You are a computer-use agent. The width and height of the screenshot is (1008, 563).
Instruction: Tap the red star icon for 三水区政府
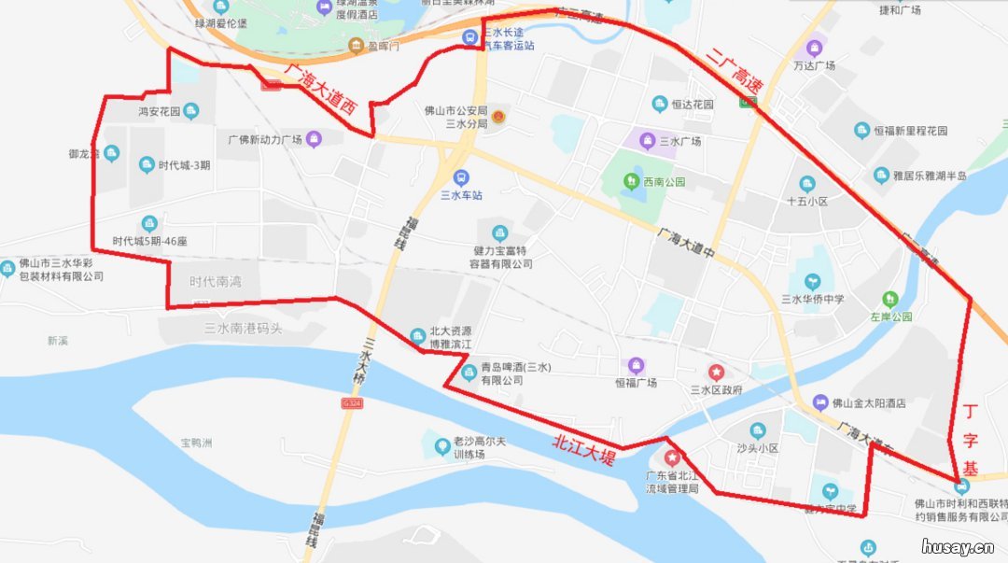pyautogui.click(x=716, y=372)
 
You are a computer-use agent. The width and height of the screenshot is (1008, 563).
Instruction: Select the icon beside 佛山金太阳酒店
pyautogui.click(x=819, y=402)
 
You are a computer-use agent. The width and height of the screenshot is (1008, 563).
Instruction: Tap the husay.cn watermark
pyautogui.click(x=957, y=546)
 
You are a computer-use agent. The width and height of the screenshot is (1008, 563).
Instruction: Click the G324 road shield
pyautogui.click(x=351, y=402)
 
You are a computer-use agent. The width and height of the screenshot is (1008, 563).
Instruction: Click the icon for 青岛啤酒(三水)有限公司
pyautogui.click(x=469, y=373)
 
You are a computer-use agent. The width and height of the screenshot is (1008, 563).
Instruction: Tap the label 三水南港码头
pyautogui.click(x=243, y=328)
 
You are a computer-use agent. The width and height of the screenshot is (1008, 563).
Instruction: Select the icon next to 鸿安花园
pyautogui.click(x=191, y=112)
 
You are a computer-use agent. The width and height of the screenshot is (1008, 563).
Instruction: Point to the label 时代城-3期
pyautogui.click(x=184, y=166)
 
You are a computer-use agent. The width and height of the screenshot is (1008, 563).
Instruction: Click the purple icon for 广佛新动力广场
pyautogui.click(x=314, y=140)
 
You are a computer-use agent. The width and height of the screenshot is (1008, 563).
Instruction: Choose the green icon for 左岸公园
pyautogui.click(x=890, y=299)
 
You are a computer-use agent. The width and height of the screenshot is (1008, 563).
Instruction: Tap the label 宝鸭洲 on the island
pyautogui.click(x=197, y=443)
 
